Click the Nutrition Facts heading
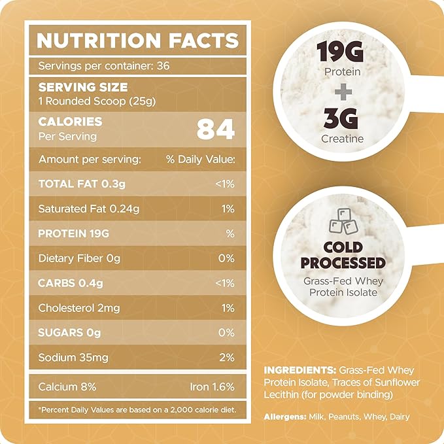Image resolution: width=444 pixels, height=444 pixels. [137, 41]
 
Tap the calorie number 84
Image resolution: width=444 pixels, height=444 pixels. [215, 129]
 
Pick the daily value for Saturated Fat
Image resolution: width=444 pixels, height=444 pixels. [227, 209]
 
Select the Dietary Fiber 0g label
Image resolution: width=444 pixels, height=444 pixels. [79, 258]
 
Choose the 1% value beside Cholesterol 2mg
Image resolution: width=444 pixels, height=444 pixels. [227, 308]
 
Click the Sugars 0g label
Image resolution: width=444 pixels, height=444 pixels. [70, 333]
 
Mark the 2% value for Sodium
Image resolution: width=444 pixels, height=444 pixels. [226, 358]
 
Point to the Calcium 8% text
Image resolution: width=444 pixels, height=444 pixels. [67, 386]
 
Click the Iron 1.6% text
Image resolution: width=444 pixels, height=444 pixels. [213, 386]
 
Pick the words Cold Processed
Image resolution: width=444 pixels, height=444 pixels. [343, 254]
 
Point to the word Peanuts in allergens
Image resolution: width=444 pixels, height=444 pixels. [344, 416]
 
